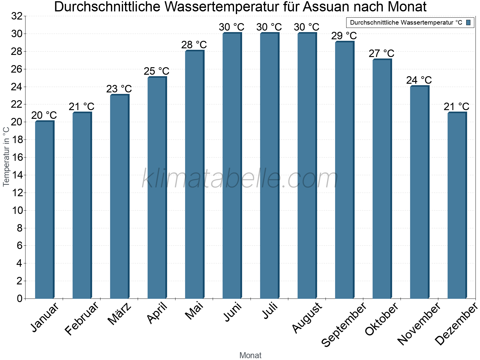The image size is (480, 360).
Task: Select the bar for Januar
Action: pos(44,210)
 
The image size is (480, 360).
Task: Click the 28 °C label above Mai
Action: pos(194,45)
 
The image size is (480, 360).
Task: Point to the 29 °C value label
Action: pos(344,36)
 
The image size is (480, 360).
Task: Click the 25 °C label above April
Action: pos(157,71)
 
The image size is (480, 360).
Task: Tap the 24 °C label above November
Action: pos(419,80)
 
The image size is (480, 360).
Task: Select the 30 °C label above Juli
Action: pos(269,27)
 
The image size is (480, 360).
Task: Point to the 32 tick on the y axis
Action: pos(17,16)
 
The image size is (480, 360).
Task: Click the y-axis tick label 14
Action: pos(17,175)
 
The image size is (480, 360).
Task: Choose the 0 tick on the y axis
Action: pos(19,298)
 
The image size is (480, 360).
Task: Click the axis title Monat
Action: pos(250,355)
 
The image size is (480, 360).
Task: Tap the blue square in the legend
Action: pos(468,22)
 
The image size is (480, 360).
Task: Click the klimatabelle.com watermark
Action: pos(240,179)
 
